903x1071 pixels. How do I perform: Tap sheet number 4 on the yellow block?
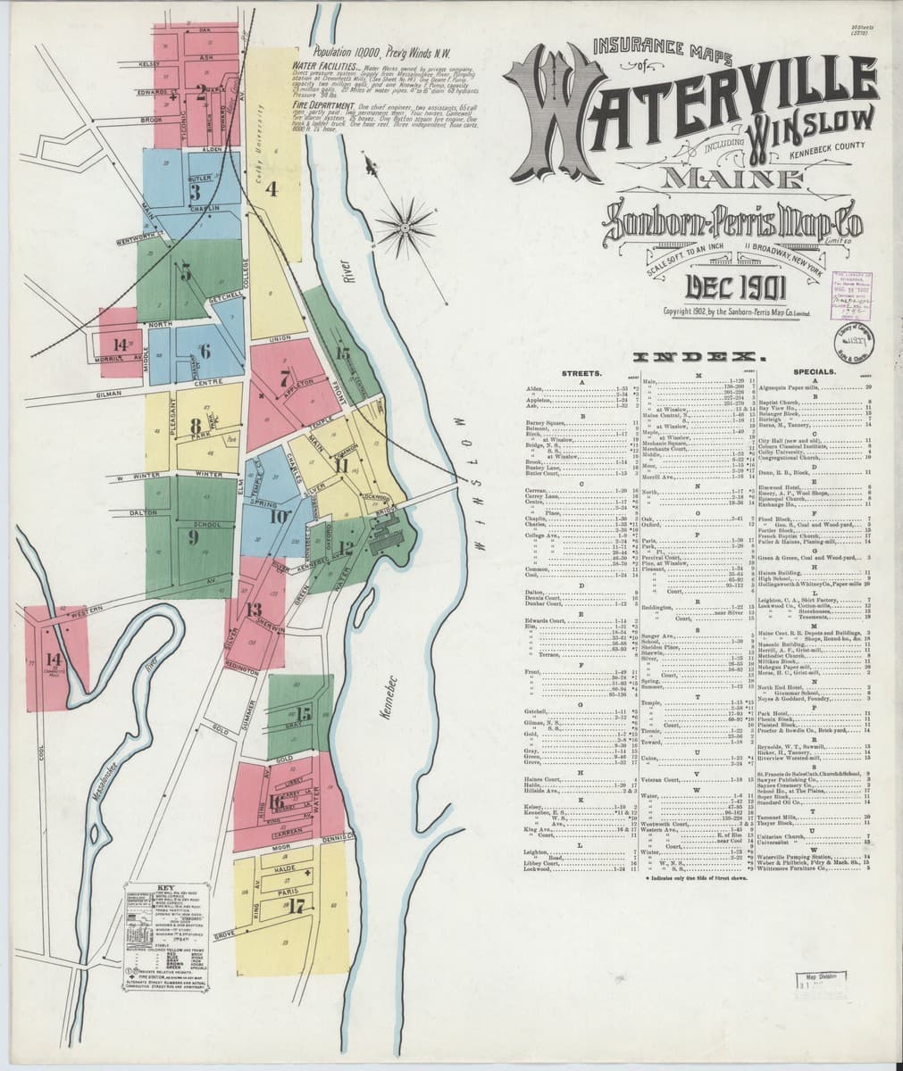point(272,188)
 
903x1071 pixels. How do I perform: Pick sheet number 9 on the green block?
point(194,536)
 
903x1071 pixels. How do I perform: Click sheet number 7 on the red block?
point(284,376)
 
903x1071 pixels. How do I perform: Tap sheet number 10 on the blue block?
point(278,515)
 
